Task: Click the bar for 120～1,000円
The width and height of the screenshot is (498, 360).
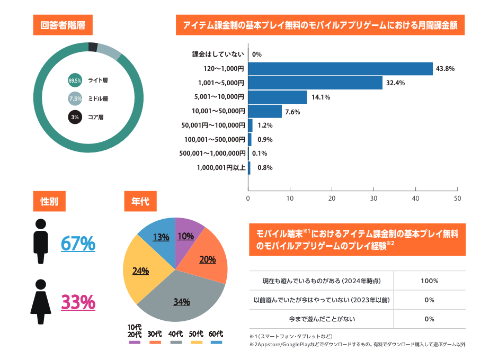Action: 340,69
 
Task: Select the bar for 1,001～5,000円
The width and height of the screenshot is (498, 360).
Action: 315,83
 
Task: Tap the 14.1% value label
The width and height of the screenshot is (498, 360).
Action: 318,97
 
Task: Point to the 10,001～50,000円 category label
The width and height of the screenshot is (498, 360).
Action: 218,111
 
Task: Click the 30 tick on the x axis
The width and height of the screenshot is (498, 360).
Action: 374,199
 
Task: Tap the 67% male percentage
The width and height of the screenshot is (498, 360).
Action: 78,244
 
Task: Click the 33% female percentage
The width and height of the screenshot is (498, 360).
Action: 78,302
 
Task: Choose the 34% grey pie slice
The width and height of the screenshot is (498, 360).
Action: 183,296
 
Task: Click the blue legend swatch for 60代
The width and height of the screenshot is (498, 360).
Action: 216,343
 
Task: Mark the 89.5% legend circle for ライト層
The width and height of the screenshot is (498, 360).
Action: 75,80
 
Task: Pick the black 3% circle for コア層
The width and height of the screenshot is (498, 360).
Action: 75,116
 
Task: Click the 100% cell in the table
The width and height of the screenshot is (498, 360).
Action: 429,281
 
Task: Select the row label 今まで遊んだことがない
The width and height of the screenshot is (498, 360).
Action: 322,319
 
